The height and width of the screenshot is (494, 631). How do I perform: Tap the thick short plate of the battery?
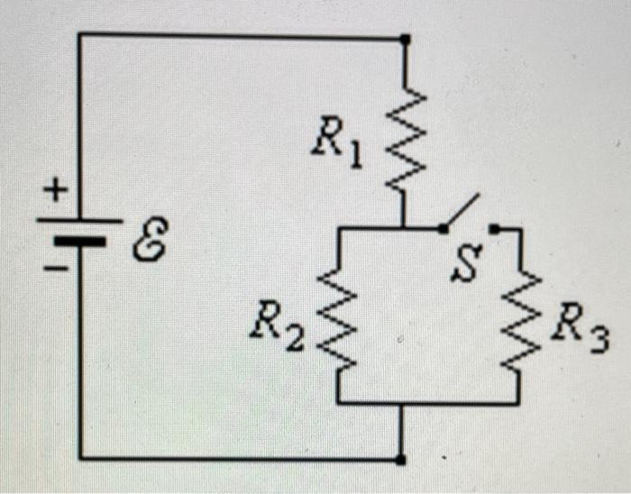pos(79,242)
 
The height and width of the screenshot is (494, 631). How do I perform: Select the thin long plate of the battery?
pos(79,220)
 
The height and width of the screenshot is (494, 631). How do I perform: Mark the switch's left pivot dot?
pos(442,229)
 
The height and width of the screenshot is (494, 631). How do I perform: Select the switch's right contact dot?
pos(494,229)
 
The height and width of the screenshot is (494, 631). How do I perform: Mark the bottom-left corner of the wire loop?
pos(79,457)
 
